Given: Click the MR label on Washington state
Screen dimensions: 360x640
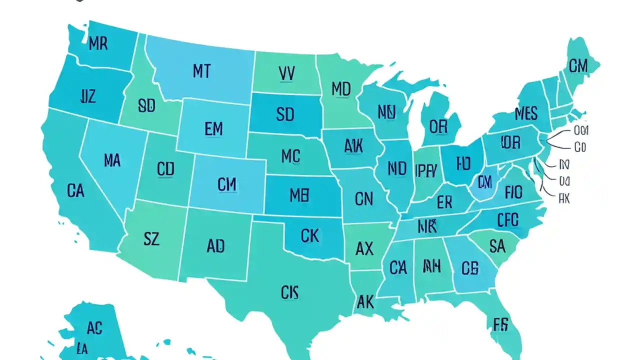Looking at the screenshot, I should click(x=98, y=43).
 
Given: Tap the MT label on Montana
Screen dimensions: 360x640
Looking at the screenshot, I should click(x=201, y=71).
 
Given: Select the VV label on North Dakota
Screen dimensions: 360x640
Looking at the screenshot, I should click(x=286, y=74).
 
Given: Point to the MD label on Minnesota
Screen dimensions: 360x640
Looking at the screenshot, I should click(x=341, y=89).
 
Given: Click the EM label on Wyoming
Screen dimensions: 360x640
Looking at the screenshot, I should click(x=213, y=129).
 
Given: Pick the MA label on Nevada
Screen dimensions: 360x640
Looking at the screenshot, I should click(x=112, y=160).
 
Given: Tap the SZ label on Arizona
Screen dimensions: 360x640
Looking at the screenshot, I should click(x=151, y=239).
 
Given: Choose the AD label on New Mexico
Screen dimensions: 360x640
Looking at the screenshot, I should click(x=215, y=246).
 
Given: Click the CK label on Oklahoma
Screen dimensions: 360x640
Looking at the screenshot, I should click(x=310, y=235).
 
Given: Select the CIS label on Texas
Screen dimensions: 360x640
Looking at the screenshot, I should click(x=289, y=292).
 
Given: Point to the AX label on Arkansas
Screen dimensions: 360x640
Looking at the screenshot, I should click(x=364, y=248).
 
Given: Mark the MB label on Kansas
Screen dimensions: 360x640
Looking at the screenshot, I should click(x=299, y=195).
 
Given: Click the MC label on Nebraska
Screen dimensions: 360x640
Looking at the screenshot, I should click(x=290, y=156).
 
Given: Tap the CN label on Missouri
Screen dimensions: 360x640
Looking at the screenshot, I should click(x=363, y=199).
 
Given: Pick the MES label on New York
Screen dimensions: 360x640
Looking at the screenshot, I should click(x=526, y=113).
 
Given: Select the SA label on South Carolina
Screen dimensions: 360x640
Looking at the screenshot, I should click(x=497, y=245).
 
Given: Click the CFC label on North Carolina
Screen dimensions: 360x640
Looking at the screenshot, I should click(x=508, y=219).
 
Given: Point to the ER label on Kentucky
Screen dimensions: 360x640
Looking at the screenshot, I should click(x=444, y=202).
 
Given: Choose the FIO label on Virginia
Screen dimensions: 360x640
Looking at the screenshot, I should click(x=513, y=192).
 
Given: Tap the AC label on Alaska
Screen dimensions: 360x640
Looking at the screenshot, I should click(x=94, y=328).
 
